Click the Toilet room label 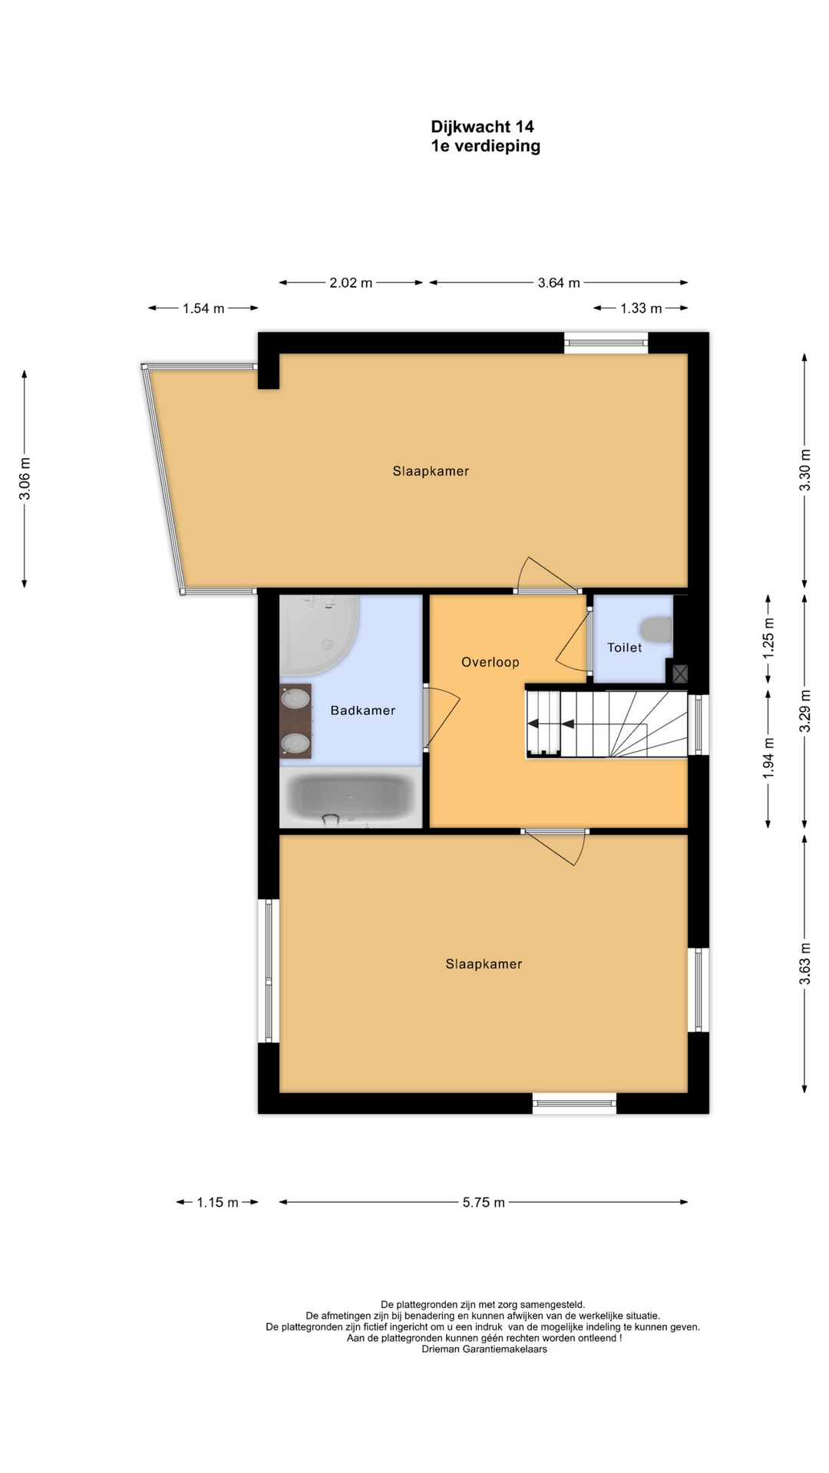[624, 648]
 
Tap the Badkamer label [363, 710]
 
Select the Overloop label [490, 662]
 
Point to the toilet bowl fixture [657, 629]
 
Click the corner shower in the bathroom [317, 634]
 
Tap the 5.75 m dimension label [484, 1202]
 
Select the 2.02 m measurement [351, 283]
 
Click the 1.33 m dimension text [641, 308]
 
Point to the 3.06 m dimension [25, 479]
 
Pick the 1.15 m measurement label [217, 1202]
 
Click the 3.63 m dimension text [804, 964]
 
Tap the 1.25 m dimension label [768, 638]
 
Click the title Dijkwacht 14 [482, 127]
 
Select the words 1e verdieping [485, 146]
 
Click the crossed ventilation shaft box [680, 674]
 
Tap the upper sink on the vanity [296, 699]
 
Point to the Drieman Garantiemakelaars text [484, 1349]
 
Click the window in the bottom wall [575, 1103]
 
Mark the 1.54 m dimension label [203, 308]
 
